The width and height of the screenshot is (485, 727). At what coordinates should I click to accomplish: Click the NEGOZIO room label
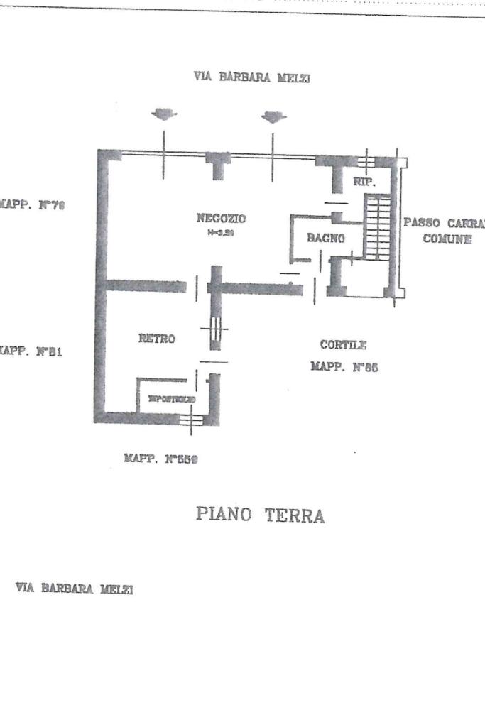pyautogui.click(x=220, y=218)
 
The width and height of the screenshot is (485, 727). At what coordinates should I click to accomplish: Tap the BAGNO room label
pyautogui.click(x=326, y=239)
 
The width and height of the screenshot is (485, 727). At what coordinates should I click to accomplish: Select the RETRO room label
pyautogui.click(x=156, y=339)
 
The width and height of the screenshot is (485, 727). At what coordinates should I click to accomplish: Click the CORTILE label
pyautogui.click(x=343, y=345)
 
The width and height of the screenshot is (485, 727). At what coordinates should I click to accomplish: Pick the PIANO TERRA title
pyautogui.click(x=261, y=515)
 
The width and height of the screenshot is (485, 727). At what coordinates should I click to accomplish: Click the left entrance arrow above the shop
pyautogui.click(x=164, y=114)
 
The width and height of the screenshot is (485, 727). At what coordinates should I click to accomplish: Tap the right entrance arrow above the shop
pyautogui.click(x=273, y=116)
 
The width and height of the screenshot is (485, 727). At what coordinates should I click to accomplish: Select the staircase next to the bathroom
pyautogui.click(x=377, y=227)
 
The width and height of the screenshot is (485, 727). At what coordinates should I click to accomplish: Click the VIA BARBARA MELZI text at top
pyautogui.click(x=251, y=77)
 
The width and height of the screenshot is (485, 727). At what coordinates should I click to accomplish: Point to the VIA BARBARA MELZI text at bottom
pyautogui.click(x=74, y=589)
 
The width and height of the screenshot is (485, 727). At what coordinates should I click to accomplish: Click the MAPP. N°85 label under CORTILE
pyautogui.click(x=344, y=367)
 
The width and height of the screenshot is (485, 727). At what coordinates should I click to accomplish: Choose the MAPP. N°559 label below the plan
pyautogui.click(x=160, y=459)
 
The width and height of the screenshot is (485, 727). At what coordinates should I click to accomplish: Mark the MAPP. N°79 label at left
pyautogui.click(x=32, y=205)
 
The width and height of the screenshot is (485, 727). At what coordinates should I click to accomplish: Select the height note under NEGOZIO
pyautogui.click(x=220, y=233)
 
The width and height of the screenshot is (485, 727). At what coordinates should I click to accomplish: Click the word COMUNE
pyautogui.click(x=447, y=239)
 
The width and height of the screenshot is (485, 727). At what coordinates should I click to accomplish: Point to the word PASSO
pyautogui.click(x=423, y=223)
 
